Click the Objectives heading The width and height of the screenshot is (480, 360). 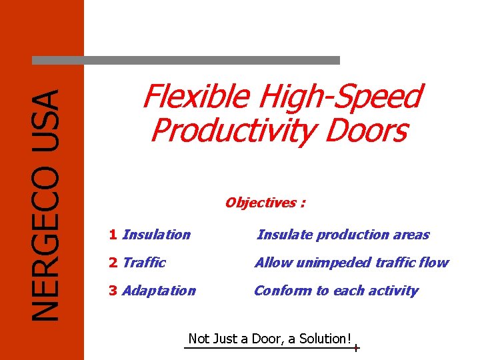265,203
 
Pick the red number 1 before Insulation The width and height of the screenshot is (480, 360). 113,235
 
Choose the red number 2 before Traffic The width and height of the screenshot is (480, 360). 113,263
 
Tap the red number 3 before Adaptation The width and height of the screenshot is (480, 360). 113,291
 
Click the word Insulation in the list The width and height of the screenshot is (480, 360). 157,235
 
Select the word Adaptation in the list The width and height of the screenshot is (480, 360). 159,291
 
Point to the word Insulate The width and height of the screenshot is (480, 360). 284,235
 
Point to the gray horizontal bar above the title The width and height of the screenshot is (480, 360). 186,60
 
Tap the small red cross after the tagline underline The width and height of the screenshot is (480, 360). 357,349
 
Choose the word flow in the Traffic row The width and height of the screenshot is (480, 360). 435,263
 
